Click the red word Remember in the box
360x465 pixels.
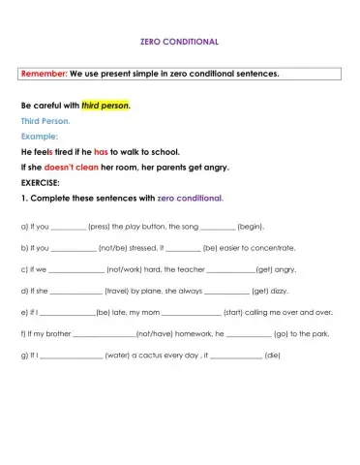44,74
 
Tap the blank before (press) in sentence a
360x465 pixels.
69,226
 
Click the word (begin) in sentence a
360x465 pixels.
250,226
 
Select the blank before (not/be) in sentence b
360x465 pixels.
75,248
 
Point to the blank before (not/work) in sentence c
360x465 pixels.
75,269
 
